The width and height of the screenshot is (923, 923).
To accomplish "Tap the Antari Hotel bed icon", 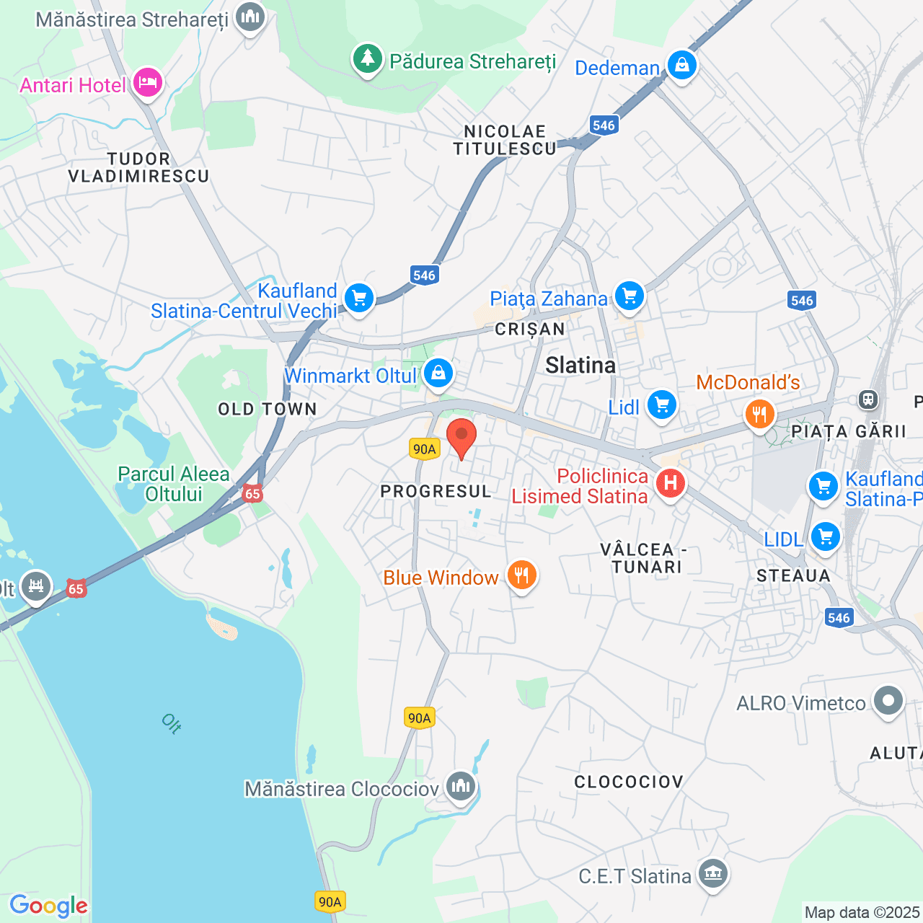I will click(x=147, y=81).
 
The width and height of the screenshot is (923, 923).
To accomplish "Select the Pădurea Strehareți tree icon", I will click(x=368, y=58).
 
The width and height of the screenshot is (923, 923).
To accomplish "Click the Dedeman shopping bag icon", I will click(x=681, y=65).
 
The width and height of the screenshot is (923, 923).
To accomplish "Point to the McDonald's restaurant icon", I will click(x=759, y=413).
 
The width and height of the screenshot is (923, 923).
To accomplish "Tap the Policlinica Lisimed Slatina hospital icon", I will click(x=671, y=482).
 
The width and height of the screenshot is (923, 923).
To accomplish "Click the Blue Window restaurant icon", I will click(x=521, y=575).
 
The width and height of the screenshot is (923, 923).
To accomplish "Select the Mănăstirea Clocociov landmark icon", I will click(x=460, y=785).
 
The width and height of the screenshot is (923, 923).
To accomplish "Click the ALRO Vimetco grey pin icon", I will click(x=888, y=699).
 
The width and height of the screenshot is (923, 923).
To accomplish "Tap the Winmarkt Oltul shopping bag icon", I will click(x=438, y=373).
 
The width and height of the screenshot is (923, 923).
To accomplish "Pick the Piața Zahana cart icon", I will click(x=629, y=295).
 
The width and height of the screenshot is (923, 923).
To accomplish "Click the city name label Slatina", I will click(x=580, y=366).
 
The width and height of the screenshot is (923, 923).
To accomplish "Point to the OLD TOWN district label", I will click(x=268, y=410).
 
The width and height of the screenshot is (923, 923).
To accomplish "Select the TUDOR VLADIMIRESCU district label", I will click(x=138, y=167).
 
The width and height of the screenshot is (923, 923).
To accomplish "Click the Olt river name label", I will click(x=172, y=723).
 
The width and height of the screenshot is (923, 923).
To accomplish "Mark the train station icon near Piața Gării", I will click(x=868, y=398).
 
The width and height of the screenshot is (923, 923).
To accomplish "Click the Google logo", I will click(x=48, y=906).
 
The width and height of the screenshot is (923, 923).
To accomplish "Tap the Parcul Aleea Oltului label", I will click(x=174, y=484).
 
